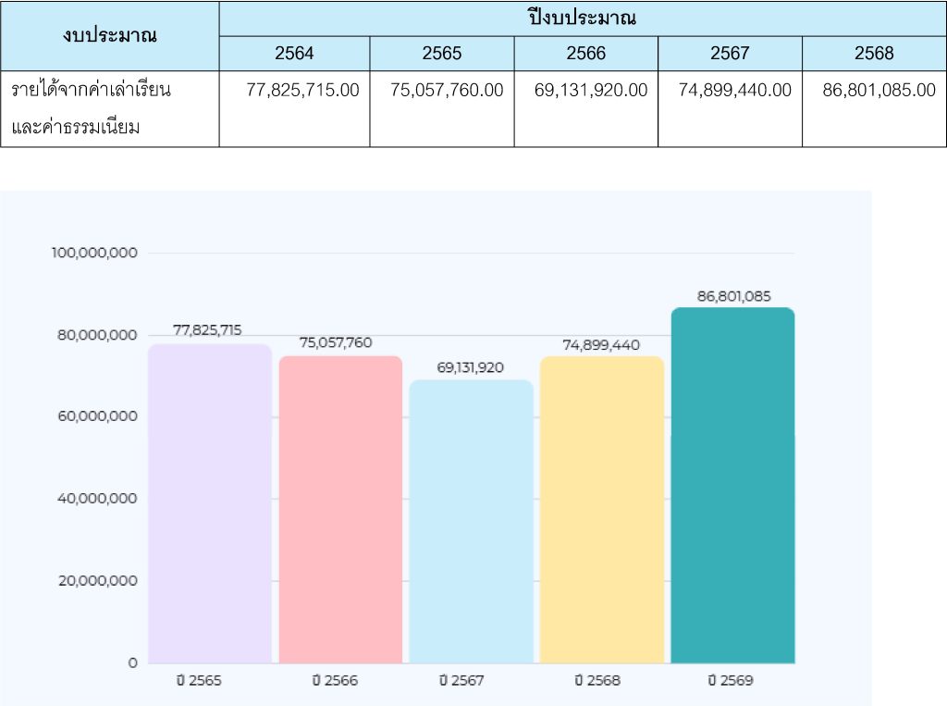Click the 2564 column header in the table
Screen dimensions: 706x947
[x=294, y=54]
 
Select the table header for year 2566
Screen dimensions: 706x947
[x=586, y=54]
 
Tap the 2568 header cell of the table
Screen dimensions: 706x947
[x=874, y=54]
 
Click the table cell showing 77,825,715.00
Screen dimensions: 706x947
[x=303, y=90]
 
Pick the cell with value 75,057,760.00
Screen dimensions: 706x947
[x=448, y=90]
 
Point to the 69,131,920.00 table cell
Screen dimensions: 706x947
[x=592, y=90]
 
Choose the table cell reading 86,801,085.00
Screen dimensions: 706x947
[x=879, y=90]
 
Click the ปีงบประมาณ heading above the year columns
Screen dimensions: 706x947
[x=583, y=18]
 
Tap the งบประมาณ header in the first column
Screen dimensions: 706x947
[x=110, y=35]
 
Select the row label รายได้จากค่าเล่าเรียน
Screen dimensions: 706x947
[x=92, y=90]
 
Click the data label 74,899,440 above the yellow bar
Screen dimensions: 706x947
[x=601, y=345]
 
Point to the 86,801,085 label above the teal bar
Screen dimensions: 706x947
[x=733, y=296]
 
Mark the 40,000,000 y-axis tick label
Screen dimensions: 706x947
[x=96, y=499]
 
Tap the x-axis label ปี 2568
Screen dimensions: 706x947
[x=597, y=680]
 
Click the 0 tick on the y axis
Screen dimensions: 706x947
[x=132, y=663]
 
